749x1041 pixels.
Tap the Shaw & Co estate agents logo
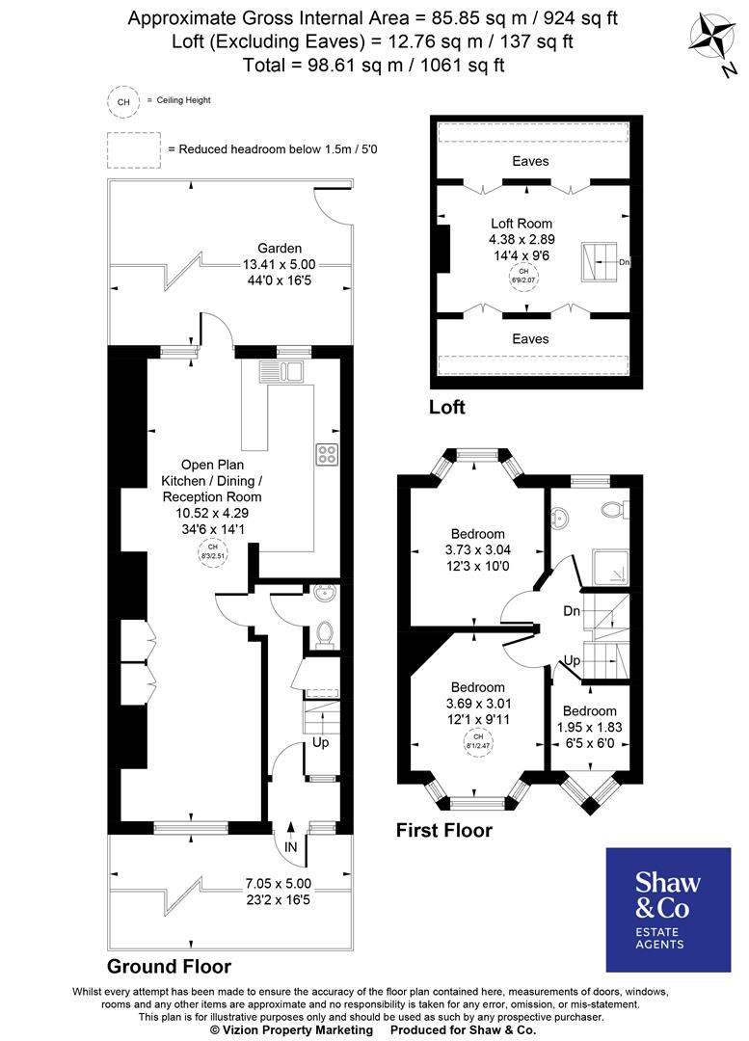(667, 909)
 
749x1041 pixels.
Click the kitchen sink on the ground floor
(281, 369)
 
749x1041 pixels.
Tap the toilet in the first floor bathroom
(612, 507)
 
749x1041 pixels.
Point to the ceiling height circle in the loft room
(524, 278)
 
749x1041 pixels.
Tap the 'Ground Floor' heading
(169, 966)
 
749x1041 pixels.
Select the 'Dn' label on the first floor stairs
(572, 611)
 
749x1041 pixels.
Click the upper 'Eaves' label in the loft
(530, 161)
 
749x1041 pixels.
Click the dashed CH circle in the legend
(122, 100)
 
